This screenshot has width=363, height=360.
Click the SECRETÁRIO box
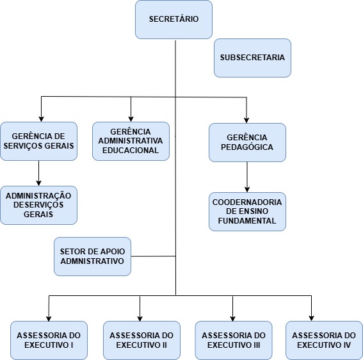[173, 19]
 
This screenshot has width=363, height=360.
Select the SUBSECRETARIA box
[252, 58]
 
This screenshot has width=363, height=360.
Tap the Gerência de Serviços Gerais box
[38, 142]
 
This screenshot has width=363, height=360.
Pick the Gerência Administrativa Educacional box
[131, 142]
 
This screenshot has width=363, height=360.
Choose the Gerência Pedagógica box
[247, 142]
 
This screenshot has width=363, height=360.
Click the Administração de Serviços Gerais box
[38, 205]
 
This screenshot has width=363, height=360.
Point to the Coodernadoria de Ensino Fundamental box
[247, 211]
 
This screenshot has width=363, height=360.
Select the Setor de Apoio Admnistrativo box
[92, 256]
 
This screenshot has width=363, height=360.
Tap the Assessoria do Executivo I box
[49, 340]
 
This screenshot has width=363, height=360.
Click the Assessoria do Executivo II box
[141, 340]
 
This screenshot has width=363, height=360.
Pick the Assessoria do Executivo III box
[234, 340]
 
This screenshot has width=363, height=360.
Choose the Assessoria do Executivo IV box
[324, 340]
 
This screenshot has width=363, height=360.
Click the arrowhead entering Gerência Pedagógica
[246, 120]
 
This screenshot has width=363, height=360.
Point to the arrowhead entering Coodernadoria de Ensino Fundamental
[247, 190]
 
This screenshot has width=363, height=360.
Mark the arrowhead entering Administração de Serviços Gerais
[38, 183]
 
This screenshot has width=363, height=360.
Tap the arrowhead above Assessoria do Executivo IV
[311, 318]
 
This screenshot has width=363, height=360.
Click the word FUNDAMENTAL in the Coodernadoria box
[247, 220]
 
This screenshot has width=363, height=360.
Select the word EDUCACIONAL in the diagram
[131, 151]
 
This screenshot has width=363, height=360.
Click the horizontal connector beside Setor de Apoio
[153, 256]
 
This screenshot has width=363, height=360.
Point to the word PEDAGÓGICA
[247, 147]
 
